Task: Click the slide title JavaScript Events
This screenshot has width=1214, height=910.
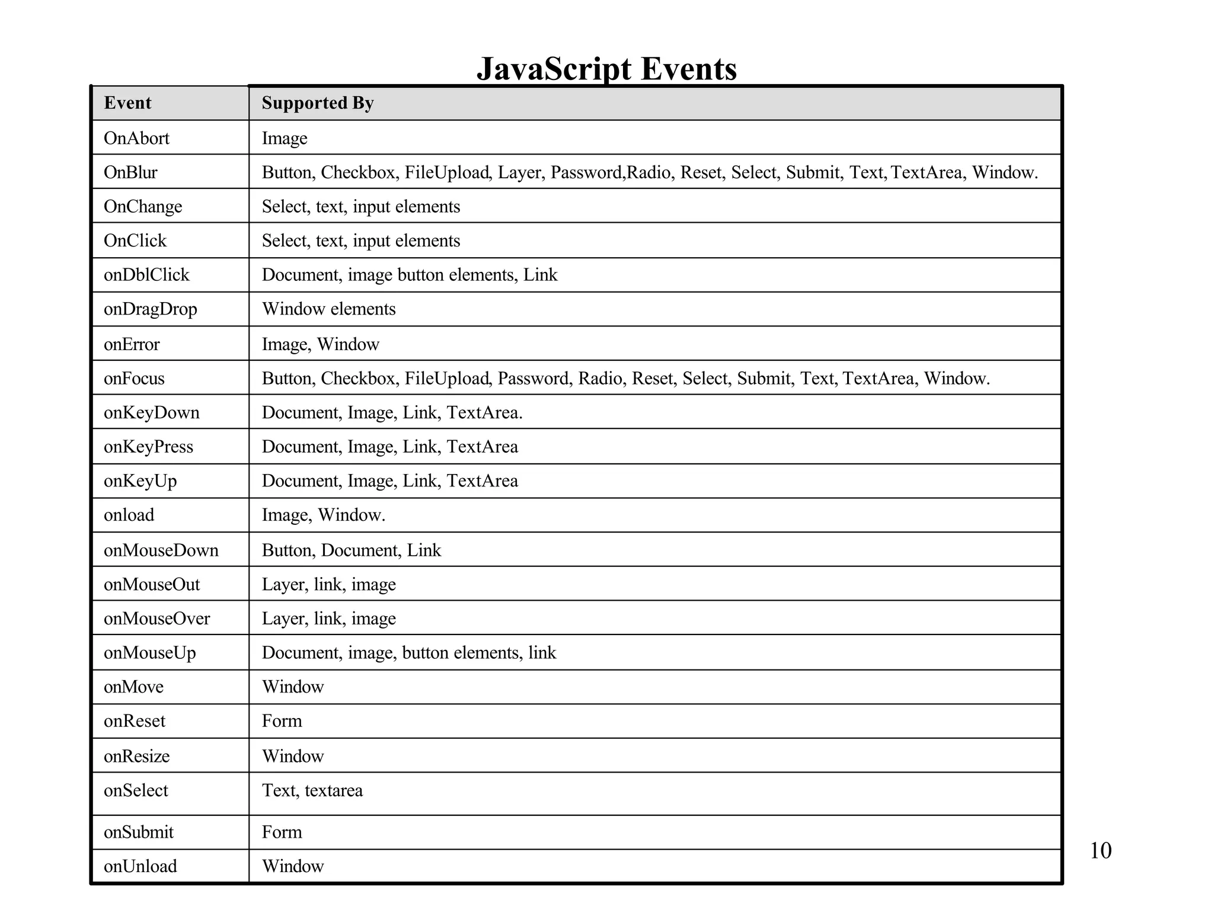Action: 606,69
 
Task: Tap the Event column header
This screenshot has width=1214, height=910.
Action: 127,103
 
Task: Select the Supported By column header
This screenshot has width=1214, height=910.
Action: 318,103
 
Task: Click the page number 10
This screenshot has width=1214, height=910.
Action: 1100,851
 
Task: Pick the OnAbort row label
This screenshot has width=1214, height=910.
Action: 136,138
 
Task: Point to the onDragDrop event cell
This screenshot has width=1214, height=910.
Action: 150,309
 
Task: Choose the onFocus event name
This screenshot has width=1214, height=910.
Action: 134,379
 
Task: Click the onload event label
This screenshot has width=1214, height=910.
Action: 129,515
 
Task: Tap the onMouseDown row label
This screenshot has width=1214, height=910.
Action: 161,550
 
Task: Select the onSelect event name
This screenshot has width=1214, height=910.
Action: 136,790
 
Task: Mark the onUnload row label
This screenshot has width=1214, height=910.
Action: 140,866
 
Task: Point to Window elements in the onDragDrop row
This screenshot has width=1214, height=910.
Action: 328,309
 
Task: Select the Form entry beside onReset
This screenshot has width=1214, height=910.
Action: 282,721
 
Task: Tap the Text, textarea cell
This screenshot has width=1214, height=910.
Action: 312,790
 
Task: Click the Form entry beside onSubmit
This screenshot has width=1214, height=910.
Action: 282,832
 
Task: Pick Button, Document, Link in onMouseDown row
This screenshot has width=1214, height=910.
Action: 352,550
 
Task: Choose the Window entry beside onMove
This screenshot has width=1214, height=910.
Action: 293,687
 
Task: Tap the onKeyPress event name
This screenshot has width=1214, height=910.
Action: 148,447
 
